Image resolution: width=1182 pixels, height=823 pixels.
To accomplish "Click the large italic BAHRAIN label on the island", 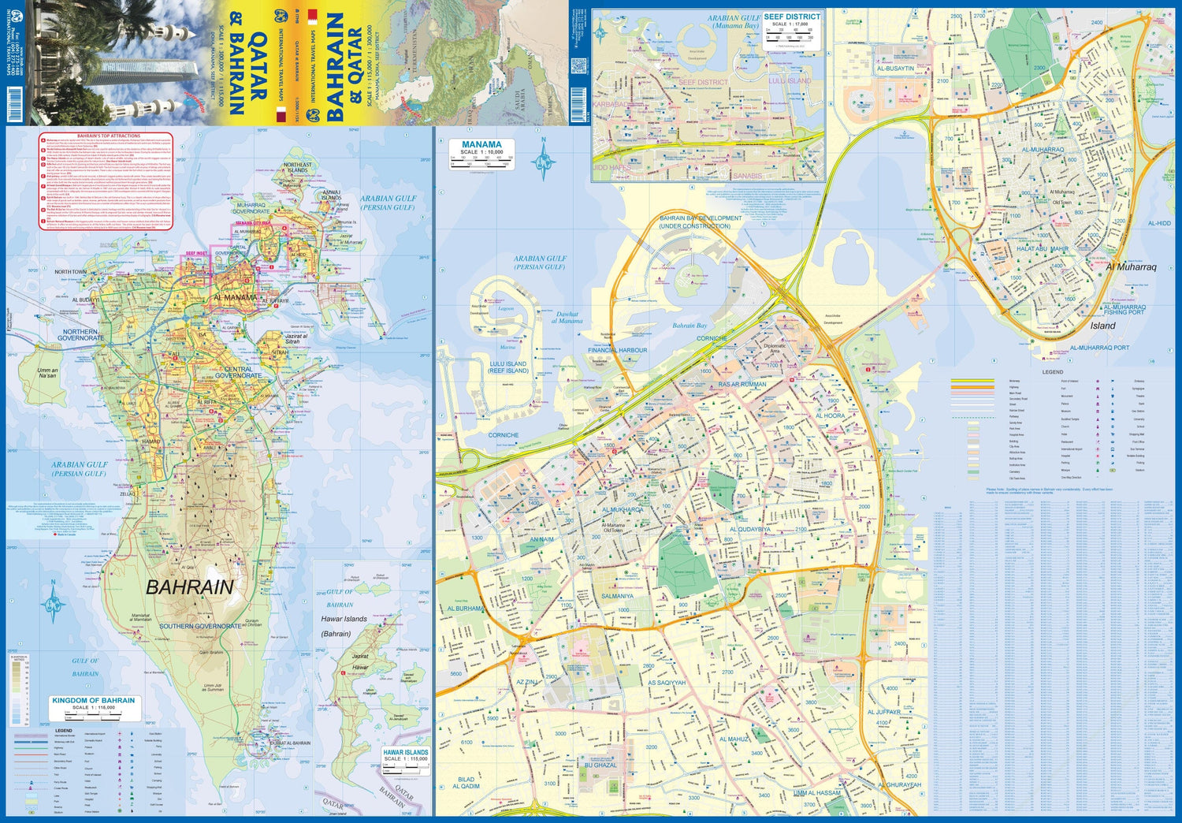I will [x=190, y=587].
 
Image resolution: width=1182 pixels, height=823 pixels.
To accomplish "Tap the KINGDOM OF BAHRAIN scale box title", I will [x=93, y=700].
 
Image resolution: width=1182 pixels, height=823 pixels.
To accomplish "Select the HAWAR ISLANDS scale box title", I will [x=405, y=752].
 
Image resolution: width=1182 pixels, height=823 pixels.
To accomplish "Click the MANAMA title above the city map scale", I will [x=481, y=144].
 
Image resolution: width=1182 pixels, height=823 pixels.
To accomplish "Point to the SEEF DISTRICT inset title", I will [x=791, y=17].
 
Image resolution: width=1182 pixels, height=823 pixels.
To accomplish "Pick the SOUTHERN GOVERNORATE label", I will [x=200, y=626].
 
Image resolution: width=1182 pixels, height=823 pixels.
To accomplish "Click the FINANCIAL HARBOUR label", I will [x=617, y=350].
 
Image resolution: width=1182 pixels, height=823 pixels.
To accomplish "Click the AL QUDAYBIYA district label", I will [x=749, y=530].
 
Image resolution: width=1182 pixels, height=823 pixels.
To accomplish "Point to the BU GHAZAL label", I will [x=600, y=765].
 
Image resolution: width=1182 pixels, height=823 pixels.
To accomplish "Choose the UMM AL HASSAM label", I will [x=817, y=793].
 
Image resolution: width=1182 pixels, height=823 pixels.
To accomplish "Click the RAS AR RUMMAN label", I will [x=742, y=385].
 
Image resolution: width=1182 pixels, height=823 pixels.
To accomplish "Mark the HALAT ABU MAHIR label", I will [x=1042, y=249].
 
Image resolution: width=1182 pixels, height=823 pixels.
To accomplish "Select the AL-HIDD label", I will [x=1159, y=224].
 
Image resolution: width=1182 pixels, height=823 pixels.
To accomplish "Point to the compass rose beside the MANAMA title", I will [x=543, y=161].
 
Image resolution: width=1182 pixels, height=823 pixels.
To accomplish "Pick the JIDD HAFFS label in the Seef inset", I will [x=611, y=168].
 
